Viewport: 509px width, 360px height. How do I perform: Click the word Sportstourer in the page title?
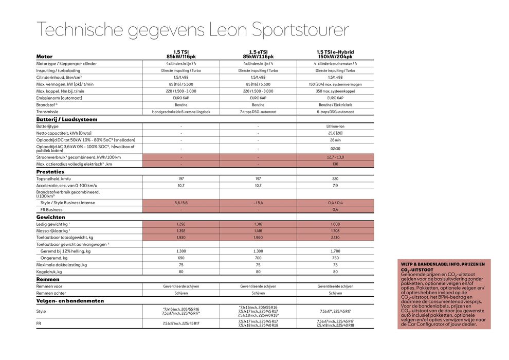[300, 30]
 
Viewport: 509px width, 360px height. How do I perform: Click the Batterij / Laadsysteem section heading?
[67, 119]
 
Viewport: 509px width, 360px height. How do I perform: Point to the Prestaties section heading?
[50, 172]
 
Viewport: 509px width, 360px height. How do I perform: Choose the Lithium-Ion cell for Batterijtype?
[335, 126]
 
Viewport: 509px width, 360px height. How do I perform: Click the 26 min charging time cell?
[335, 140]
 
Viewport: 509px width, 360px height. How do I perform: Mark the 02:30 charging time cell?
[335, 148]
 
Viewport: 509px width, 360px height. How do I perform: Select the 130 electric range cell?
[335, 164]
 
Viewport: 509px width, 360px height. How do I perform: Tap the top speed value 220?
[335, 178]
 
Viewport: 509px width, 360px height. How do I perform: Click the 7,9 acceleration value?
[335, 185]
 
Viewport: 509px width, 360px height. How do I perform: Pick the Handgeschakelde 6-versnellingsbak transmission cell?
[181, 112]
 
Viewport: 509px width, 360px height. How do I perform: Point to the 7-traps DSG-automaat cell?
[258, 112]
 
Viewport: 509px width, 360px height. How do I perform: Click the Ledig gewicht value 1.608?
[335, 224]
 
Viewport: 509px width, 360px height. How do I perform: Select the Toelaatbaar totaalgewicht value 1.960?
[258, 238]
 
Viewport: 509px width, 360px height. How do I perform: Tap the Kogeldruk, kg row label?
[49, 272]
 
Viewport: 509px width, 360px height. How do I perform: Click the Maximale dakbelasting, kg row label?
[62, 265]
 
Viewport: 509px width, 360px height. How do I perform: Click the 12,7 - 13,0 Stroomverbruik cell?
[335, 157]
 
